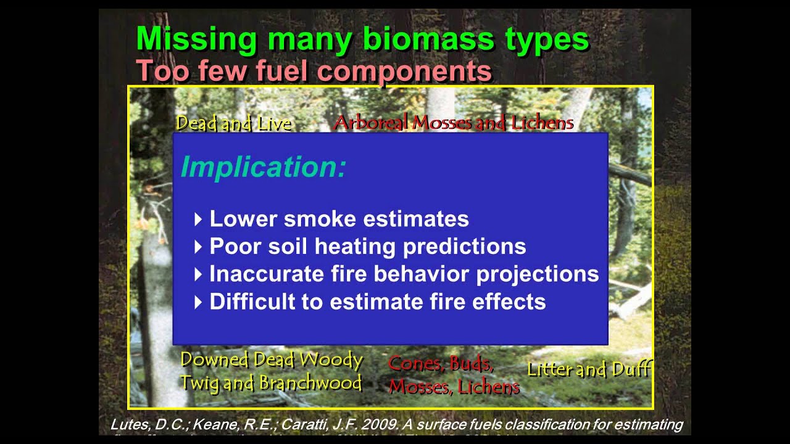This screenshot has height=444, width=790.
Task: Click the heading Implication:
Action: pyautogui.click(x=264, y=167)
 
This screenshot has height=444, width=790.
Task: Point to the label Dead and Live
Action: pyautogui.click(x=233, y=123)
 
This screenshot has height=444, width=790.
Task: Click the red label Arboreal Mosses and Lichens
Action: pyautogui.click(x=453, y=123)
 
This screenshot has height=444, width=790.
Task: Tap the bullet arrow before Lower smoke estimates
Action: pyautogui.click(x=198, y=219)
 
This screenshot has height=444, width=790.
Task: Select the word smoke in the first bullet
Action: pyautogui.click(x=331, y=219)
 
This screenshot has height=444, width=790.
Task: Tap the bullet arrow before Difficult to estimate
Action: pyautogui.click(x=198, y=302)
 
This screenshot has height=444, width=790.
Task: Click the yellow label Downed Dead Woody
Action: pyautogui.click(x=272, y=360)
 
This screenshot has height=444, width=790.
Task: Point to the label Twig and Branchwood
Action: pyautogui.click(x=271, y=383)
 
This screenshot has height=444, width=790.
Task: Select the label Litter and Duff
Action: pyautogui.click(x=588, y=369)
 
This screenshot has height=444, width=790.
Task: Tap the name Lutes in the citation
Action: pyautogui.click(x=127, y=425)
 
